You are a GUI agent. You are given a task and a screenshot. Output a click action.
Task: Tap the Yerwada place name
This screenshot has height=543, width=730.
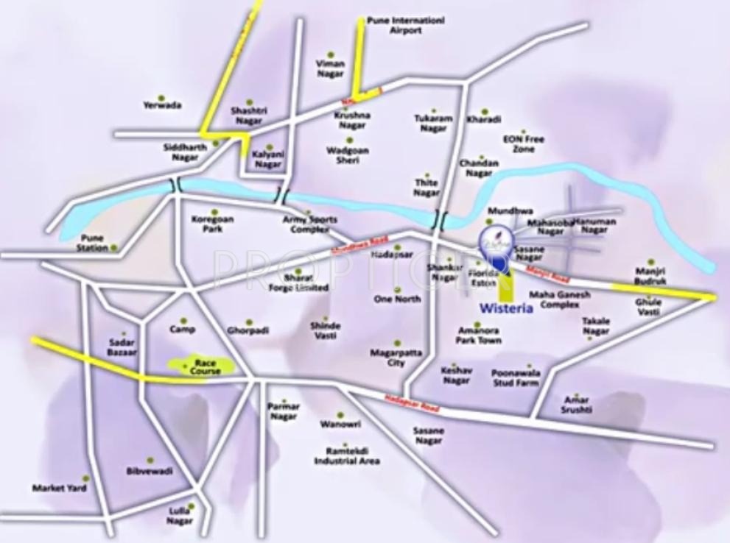pyautogui.click(x=162, y=105)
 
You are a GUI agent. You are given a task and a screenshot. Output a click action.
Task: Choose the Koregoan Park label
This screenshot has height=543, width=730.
pyautogui.click(x=212, y=224)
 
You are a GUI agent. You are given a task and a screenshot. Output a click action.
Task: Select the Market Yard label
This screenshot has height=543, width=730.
pyautogui.click(x=59, y=488)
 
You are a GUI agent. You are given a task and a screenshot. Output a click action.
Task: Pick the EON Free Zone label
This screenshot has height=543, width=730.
pyautogui.click(x=523, y=143)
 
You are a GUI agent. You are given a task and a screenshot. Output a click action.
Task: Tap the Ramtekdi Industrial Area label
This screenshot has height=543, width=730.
pyautogui.click(x=347, y=456)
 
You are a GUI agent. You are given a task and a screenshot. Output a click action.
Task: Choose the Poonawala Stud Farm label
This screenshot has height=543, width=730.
pyautogui.click(x=515, y=378)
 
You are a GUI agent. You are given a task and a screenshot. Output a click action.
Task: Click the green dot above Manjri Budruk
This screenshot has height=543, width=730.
pyautogui.click(x=651, y=261)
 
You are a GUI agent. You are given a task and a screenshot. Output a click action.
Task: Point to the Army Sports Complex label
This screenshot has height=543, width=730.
pyautogui.click(x=309, y=224)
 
